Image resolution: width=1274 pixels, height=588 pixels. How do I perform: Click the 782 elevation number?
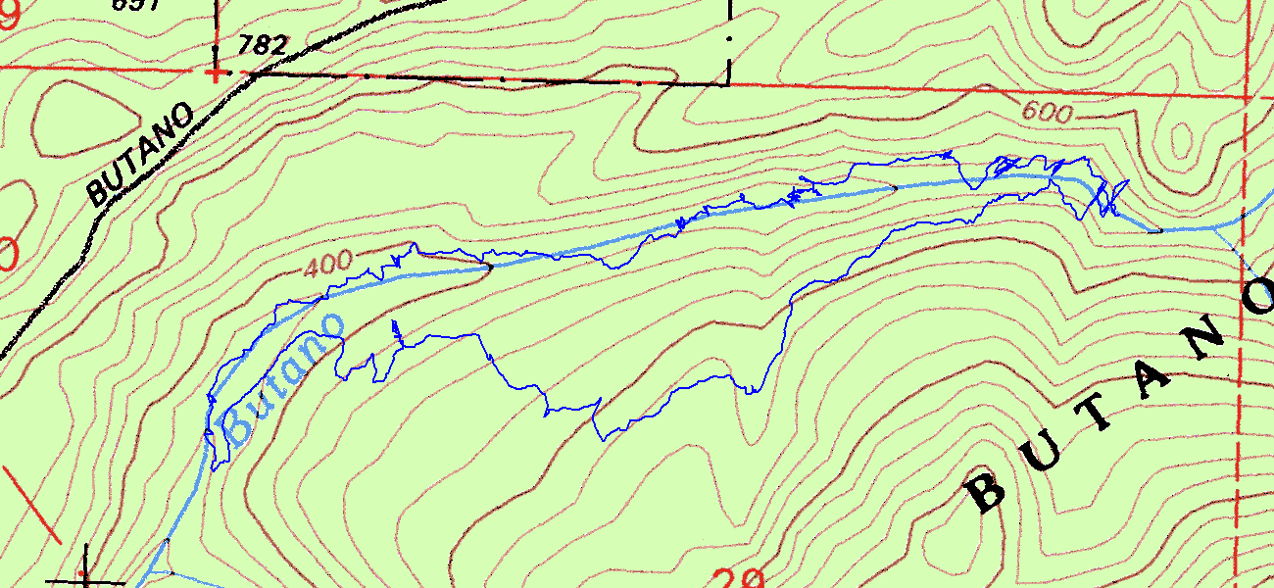262,45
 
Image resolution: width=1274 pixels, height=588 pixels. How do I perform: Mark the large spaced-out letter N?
1208,339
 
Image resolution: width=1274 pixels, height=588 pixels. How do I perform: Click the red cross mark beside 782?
215,72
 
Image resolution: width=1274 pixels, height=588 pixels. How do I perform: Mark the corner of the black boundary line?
729,84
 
